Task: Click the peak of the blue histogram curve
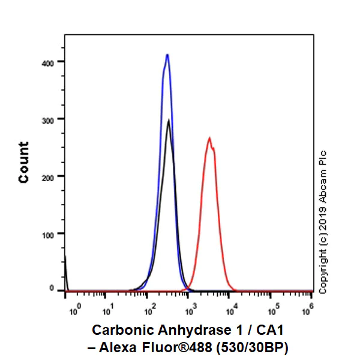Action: (167, 55)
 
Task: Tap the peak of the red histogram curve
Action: (209, 138)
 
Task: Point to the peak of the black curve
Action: (169, 121)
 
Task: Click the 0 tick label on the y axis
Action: (53, 289)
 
